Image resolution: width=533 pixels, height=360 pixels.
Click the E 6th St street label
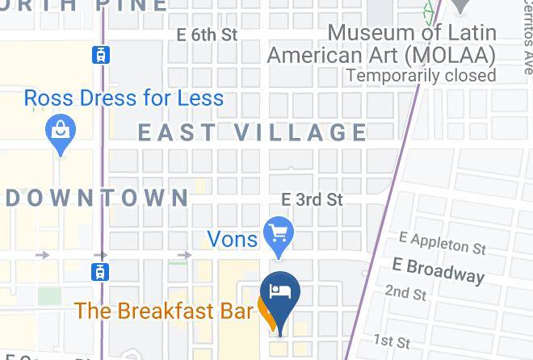(x=208, y=35)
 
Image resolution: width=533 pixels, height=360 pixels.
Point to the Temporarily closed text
(x=421, y=75)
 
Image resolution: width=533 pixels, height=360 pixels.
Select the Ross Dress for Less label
(x=124, y=98)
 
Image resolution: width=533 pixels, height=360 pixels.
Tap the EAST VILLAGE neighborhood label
(x=253, y=132)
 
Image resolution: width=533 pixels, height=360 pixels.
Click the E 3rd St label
(x=312, y=199)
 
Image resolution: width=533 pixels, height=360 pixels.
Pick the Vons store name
(x=233, y=238)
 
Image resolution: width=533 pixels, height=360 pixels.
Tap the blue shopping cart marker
(x=279, y=234)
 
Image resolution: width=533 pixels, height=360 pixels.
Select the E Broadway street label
(x=438, y=269)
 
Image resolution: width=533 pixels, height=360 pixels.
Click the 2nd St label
(x=405, y=292)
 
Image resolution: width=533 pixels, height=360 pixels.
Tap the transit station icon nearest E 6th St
(x=100, y=55)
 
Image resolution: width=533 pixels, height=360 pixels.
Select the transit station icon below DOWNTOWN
(x=100, y=270)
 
